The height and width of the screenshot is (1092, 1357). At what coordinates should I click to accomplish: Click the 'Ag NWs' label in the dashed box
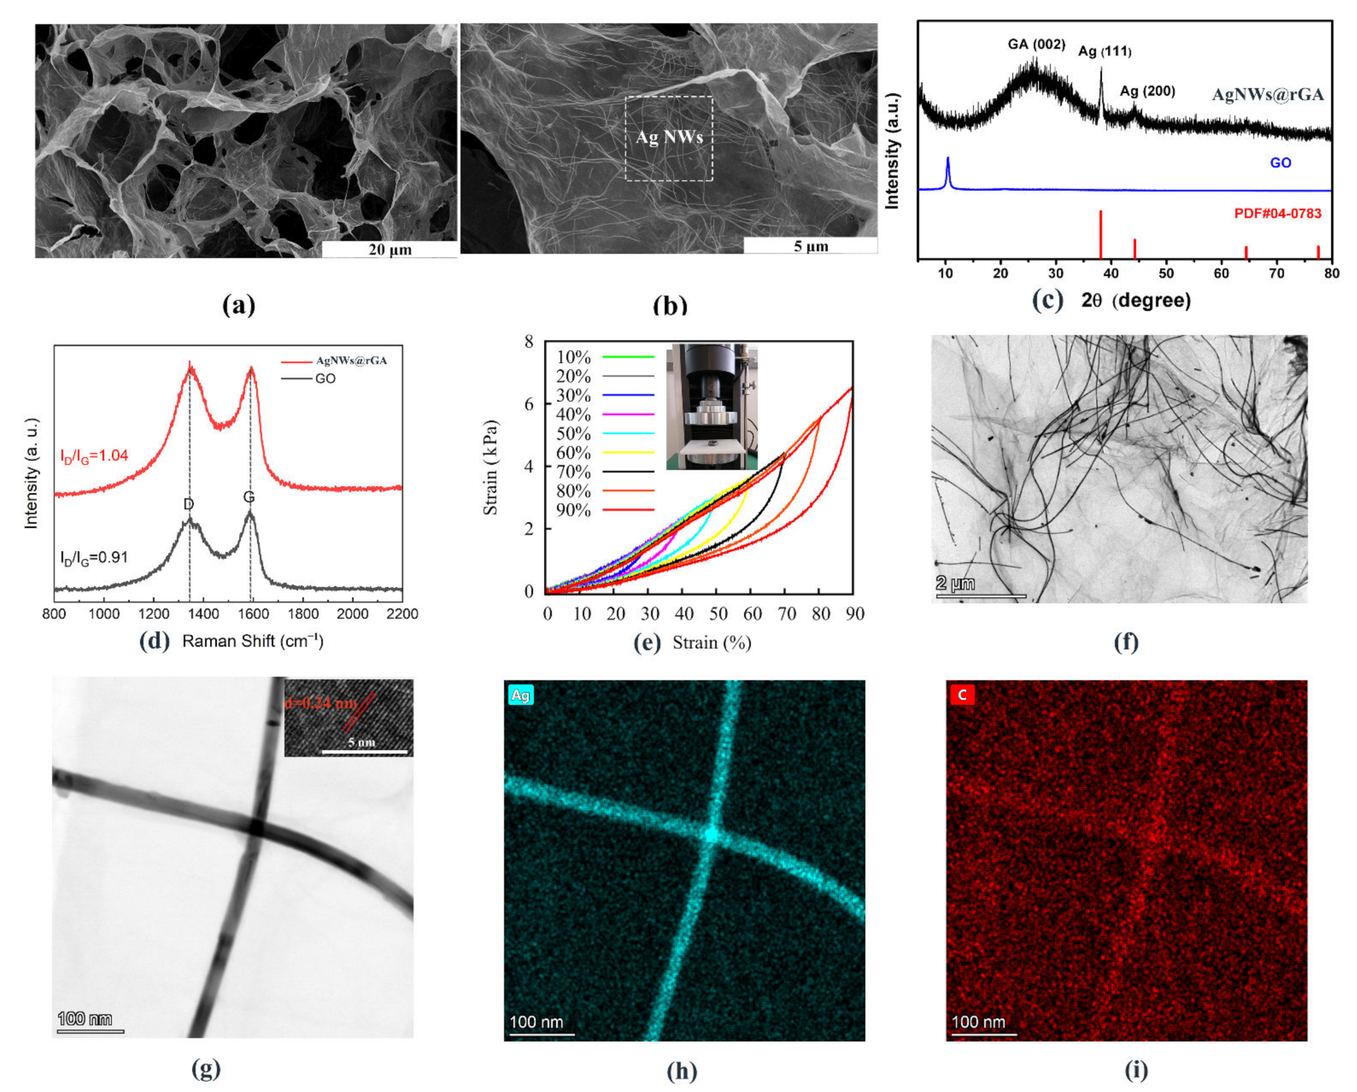click(x=669, y=137)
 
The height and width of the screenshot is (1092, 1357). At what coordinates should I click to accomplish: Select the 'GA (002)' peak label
click(x=1036, y=44)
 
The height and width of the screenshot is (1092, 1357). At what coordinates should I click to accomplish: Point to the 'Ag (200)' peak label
click(x=1147, y=91)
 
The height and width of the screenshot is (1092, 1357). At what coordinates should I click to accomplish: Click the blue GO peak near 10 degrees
click(x=947, y=169)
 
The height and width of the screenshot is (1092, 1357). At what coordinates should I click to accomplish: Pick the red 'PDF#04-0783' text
click(x=1277, y=213)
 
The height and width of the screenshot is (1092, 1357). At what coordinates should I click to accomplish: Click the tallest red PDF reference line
click(x=1100, y=233)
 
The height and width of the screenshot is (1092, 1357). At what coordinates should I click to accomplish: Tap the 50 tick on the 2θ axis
click(x=1165, y=273)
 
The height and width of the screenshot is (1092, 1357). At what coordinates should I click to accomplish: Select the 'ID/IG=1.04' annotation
click(x=94, y=455)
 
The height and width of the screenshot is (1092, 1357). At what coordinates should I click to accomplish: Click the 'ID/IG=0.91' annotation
click(x=94, y=557)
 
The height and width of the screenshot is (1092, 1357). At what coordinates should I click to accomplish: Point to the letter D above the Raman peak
click(x=188, y=504)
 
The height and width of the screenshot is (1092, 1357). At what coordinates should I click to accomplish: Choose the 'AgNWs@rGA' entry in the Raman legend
click(x=351, y=361)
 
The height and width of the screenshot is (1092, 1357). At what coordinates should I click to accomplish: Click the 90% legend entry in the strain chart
click(x=574, y=511)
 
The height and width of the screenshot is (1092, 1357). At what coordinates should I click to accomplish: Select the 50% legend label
click(x=574, y=434)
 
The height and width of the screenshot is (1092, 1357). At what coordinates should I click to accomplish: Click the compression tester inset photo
click(x=711, y=406)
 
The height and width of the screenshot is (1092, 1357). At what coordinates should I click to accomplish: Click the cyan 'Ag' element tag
click(x=520, y=695)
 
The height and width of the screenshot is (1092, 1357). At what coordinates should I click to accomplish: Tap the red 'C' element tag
click(x=961, y=695)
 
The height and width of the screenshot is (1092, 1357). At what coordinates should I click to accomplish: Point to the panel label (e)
click(x=648, y=643)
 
